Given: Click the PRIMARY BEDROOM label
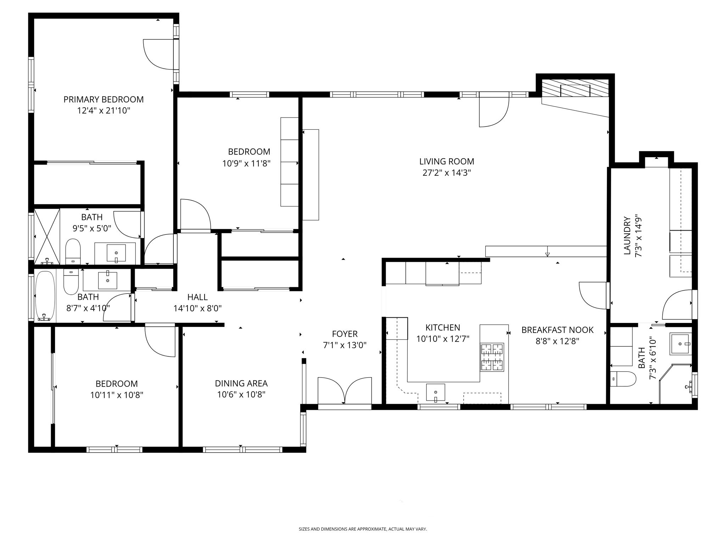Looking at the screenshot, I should [104, 100].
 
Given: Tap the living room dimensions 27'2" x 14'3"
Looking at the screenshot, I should [446, 173].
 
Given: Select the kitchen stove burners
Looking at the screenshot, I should [492, 357].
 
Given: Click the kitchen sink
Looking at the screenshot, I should [435, 392].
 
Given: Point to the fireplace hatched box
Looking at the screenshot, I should [575, 88].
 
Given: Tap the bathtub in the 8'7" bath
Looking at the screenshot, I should [45, 296].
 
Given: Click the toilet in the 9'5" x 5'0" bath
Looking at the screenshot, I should [73, 251].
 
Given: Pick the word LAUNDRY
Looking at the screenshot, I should [627, 236].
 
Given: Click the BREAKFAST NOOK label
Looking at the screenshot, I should [557, 330].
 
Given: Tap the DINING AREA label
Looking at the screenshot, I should [241, 383].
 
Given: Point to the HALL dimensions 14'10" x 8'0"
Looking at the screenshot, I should [197, 308].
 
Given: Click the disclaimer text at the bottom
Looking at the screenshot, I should [363, 529].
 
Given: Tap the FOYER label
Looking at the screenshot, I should [345, 334].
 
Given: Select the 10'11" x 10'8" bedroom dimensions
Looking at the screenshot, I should [117, 395].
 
